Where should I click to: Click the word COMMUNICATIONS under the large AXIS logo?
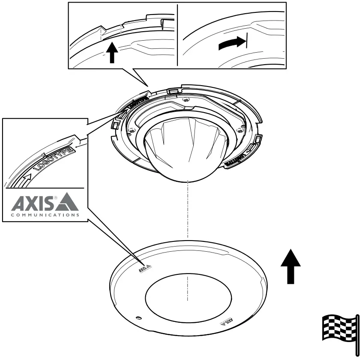(45, 215)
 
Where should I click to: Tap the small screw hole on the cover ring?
(138, 318)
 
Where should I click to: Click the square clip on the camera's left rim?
(116, 124)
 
